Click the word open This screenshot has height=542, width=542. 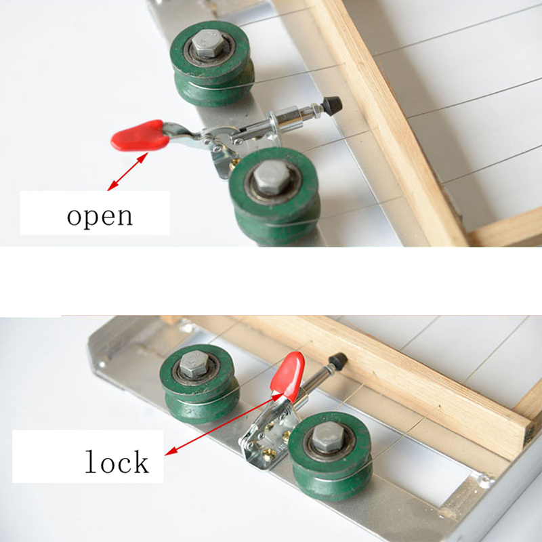tap(100, 216)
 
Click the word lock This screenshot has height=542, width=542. tap(117, 462)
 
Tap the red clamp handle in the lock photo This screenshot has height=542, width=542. tap(288, 373)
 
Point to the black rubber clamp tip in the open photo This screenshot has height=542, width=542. tap(331, 105)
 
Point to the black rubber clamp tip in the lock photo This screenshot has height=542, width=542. tap(337, 360)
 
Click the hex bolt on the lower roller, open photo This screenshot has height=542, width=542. tap(270, 178)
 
